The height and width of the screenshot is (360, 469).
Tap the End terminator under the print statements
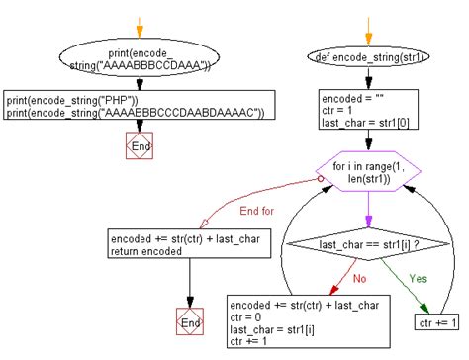pyautogui.click(x=140, y=145)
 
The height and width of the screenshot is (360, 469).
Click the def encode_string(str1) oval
pyautogui.click(x=368, y=58)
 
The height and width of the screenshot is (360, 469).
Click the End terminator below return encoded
pyautogui.click(x=189, y=323)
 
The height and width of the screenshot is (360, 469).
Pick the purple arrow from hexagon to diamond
pyautogui.click(x=368, y=210)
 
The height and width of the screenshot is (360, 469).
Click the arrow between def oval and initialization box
pyautogui.click(x=368, y=79)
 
